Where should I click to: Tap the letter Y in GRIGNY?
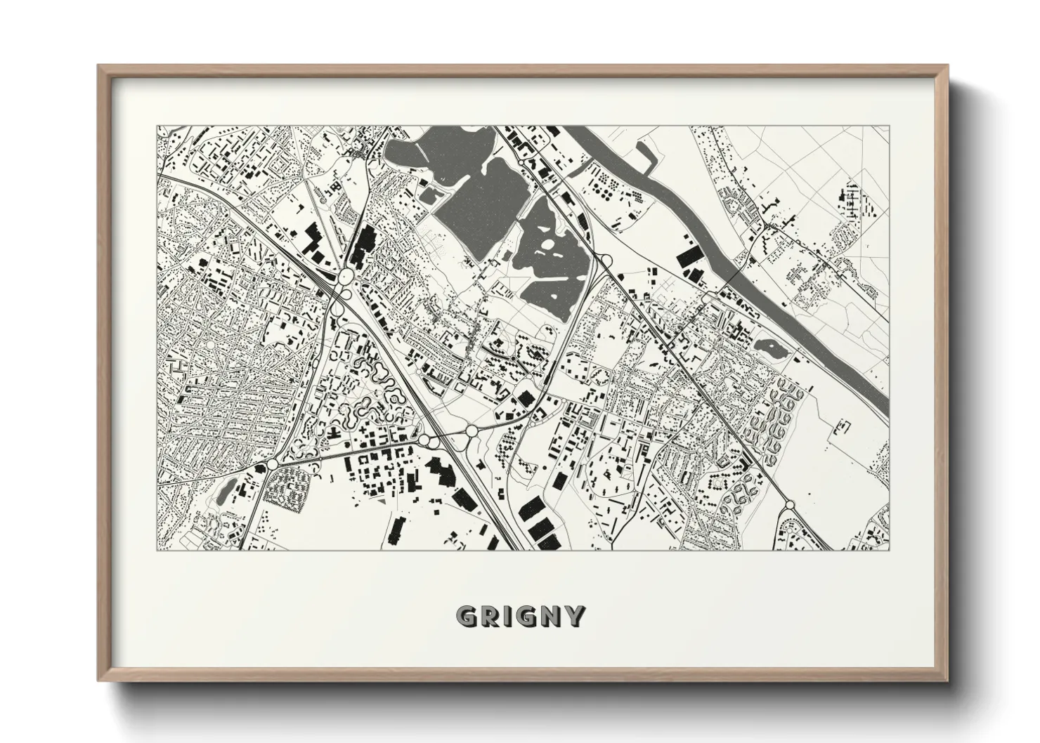click(575, 616)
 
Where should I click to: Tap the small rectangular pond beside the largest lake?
click(429, 193)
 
